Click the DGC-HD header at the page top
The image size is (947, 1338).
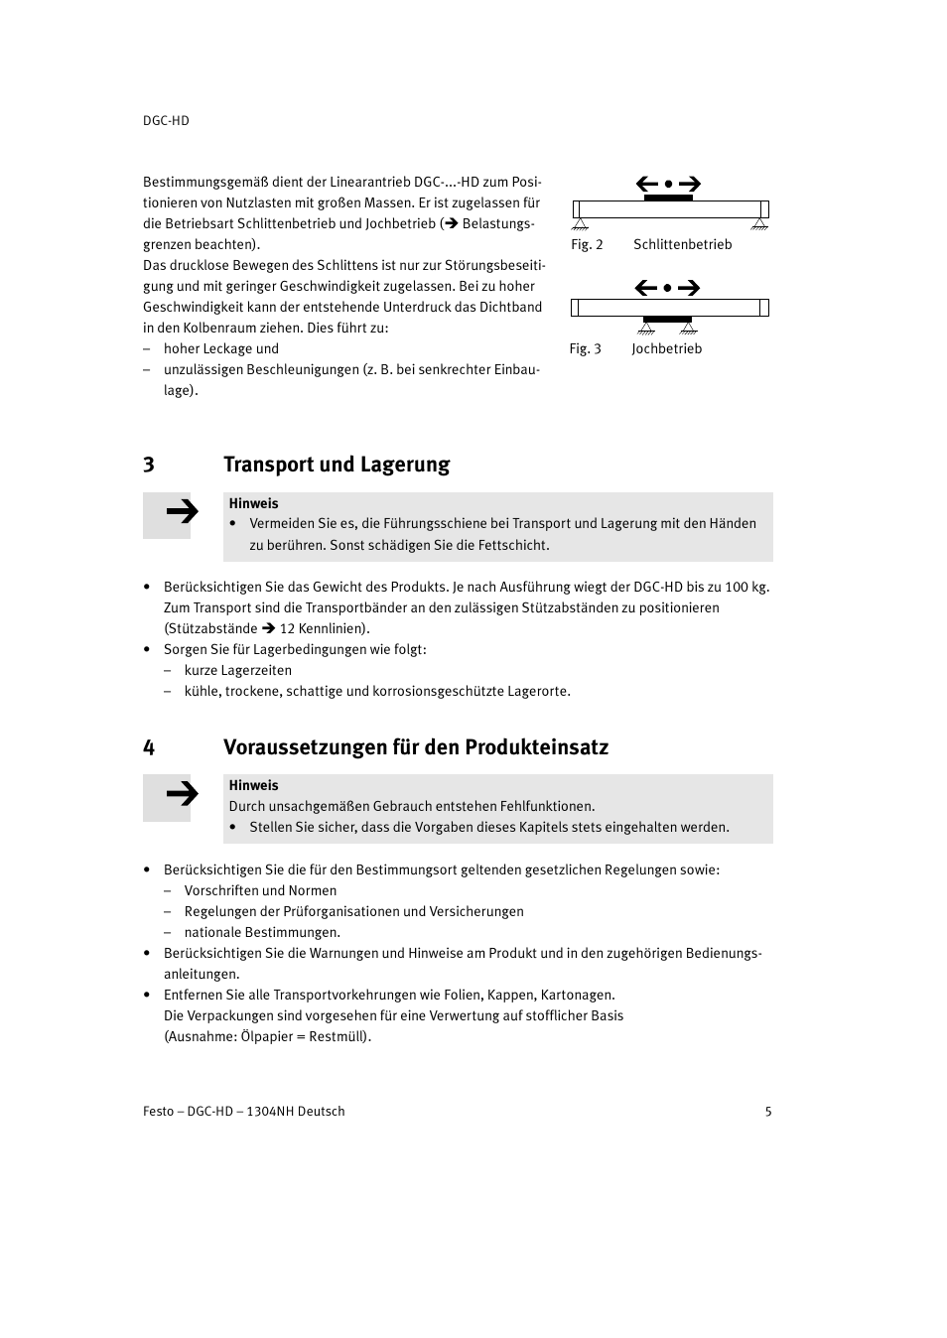tap(166, 120)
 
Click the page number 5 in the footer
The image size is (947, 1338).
tap(768, 1111)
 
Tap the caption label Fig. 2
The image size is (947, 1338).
tap(587, 244)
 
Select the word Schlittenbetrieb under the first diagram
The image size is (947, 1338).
tap(682, 244)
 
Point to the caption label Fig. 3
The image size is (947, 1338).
tap(585, 348)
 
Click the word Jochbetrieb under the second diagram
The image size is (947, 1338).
tap(666, 348)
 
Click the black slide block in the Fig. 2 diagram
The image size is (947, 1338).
tap(668, 198)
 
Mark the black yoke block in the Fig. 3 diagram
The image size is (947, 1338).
tap(667, 320)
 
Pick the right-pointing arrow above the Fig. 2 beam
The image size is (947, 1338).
tap(690, 184)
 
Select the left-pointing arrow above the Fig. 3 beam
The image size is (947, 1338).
tap(646, 288)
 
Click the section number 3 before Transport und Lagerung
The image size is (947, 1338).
tap(149, 465)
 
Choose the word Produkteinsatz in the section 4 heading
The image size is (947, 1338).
tap(536, 747)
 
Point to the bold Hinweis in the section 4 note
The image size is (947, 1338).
tap(253, 785)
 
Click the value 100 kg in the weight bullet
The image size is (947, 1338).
tap(746, 587)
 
